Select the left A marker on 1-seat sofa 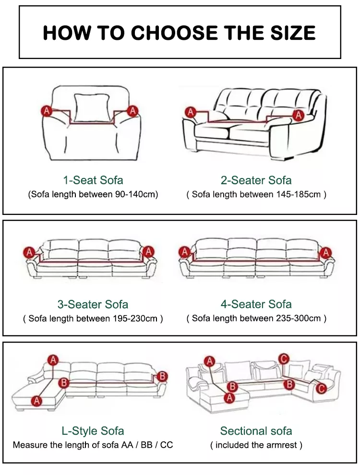tap(47, 111)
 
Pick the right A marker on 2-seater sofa tap(299, 115)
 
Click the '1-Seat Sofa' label tap(93, 180)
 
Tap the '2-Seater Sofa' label tap(256, 180)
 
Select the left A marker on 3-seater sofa tap(29, 252)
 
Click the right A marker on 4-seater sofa tap(326, 252)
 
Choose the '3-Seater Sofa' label tap(93, 305)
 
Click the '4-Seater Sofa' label tap(256, 304)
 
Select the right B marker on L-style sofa tap(162, 376)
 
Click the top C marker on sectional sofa tap(284, 359)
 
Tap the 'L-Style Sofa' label tap(93, 431)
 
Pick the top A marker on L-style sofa tap(53, 360)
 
